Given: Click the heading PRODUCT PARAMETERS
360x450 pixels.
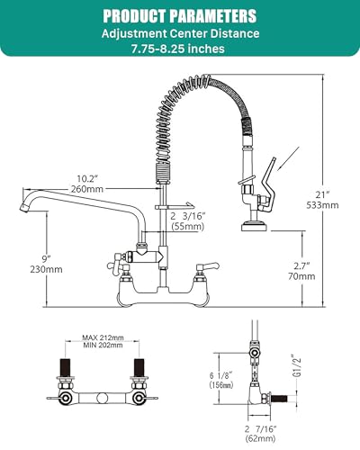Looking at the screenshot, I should click(x=179, y=16).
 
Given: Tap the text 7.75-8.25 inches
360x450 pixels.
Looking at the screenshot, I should click(x=179, y=50).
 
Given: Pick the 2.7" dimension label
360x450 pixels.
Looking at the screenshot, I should click(x=304, y=266).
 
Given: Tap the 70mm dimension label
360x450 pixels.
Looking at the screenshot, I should click(x=304, y=279).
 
